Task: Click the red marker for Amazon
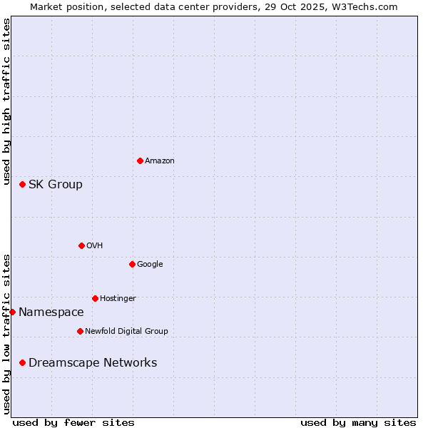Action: [x=140, y=160]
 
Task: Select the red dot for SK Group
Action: [x=22, y=184]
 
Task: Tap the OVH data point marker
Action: [x=81, y=245]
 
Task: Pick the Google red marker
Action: [x=132, y=264]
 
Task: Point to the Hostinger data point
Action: [x=95, y=298]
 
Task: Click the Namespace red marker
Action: [x=12, y=312]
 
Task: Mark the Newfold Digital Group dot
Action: [x=80, y=331]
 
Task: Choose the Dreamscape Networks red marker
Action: [x=22, y=362]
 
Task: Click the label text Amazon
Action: [x=160, y=161]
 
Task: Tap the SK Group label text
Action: [x=56, y=184]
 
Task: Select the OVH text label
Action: [x=95, y=246]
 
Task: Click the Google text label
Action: [x=150, y=265]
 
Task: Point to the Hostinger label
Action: [x=118, y=299]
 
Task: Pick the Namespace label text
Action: [x=51, y=312]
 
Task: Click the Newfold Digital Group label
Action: [x=126, y=332]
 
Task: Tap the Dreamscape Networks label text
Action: [x=93, y=362]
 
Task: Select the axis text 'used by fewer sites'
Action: [x=73, y=422]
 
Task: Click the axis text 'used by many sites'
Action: [x=358, y=422]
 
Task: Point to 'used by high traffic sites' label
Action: [x=7, y=102]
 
